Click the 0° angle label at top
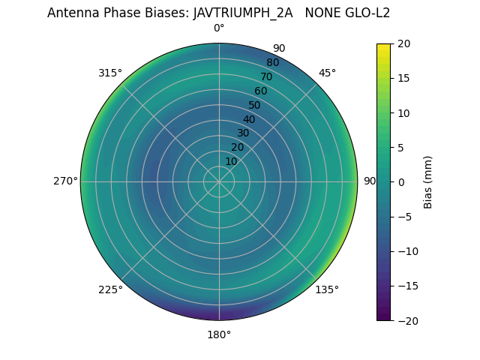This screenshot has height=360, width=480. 219,28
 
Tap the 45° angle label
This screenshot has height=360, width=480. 327,73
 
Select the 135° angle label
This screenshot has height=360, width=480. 327,289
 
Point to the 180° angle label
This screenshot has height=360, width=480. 219,334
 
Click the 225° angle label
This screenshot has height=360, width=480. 110,289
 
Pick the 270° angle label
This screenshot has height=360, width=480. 65,181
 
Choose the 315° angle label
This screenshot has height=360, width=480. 110,73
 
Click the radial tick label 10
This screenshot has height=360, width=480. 231,161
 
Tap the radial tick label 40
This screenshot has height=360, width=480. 249,119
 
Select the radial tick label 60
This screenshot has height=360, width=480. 260,91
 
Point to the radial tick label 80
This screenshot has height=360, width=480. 272,63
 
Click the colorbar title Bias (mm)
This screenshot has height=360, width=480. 428,181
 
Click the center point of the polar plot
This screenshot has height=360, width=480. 219,181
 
